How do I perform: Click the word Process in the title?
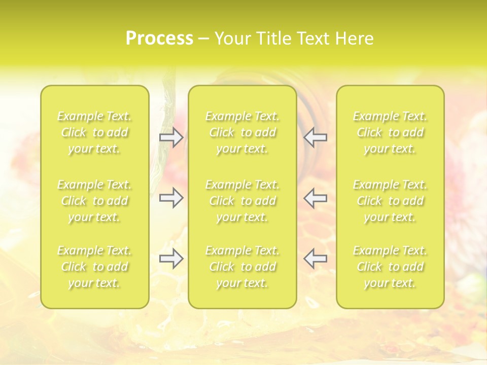[159, 39]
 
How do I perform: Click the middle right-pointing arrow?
[171, 198]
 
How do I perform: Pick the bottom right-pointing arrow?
[171, 259]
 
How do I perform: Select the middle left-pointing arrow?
[315, 198]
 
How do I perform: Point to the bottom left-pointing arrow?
[315, 259]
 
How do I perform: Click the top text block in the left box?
[94, 132]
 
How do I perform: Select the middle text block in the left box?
[94, 201]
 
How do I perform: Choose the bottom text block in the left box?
[94, 267]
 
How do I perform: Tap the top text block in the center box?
[242, 132]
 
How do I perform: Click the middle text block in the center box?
[242, 201]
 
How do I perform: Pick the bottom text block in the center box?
[242, 267]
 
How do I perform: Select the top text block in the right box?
[390, 132]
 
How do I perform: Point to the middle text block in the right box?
[390, 201]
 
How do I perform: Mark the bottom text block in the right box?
[390, 267]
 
